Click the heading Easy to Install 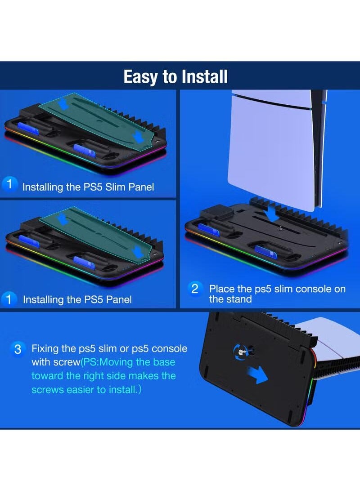click(x=175, y=77)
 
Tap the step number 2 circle click(x=195, y=289)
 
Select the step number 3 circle click(x=18, y=350)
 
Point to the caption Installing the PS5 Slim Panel click(x=88, y=186)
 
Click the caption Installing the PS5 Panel click(x=77, y=299)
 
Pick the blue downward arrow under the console click(x=272, y=213)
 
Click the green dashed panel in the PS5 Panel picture click(x=97, y=234)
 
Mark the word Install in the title click(x=202, y=77)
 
